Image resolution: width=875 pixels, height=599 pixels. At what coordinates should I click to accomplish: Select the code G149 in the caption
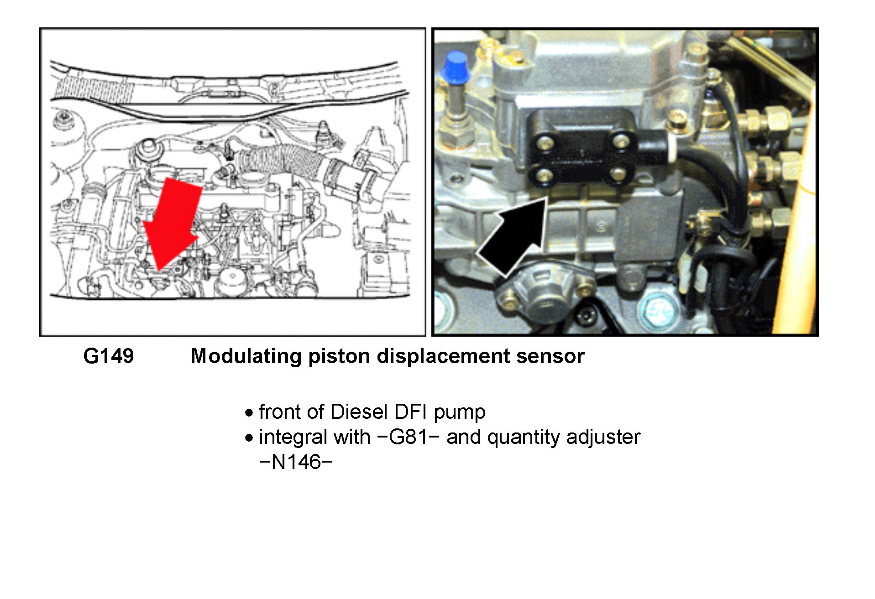click(109, 356)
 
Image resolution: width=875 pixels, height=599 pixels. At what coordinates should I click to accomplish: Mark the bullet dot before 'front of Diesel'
click(249, 413)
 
